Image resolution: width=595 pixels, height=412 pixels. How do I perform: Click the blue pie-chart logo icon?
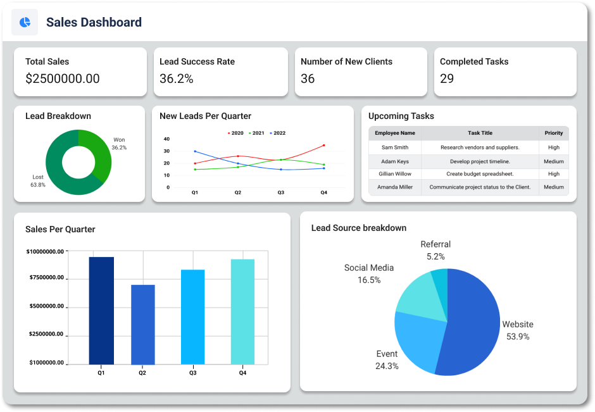(x=25, y=23)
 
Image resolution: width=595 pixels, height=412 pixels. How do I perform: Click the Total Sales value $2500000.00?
(x=63, y=79)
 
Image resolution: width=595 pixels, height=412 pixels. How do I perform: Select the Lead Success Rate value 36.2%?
(x=177, y=79)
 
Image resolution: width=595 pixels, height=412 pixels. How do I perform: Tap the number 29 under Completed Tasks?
(x=447, y=79)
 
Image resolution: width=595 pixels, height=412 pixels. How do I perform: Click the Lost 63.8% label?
(x=38, y=181)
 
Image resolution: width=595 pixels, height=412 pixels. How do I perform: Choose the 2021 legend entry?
(x=256, y=134)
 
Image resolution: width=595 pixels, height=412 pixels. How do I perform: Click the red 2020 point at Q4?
(x=323, y=146)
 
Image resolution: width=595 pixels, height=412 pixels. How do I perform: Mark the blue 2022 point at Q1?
(x=195, y=151)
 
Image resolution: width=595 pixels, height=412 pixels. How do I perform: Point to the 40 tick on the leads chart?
(x=167, y=139)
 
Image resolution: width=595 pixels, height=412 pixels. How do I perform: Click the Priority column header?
(x=553, y=134)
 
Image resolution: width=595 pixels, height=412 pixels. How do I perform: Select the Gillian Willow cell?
(x=395, y=174)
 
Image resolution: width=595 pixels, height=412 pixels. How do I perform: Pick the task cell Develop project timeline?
(x=480, y=161)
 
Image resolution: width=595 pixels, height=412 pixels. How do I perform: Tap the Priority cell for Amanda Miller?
(x=553, y=187)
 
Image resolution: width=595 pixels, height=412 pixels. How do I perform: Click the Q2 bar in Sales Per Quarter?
(x=142, y=325)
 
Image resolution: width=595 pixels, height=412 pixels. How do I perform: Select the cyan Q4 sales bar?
(x=242, y=312)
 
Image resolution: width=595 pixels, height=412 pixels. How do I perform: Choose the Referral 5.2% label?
(x=435, y=251)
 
